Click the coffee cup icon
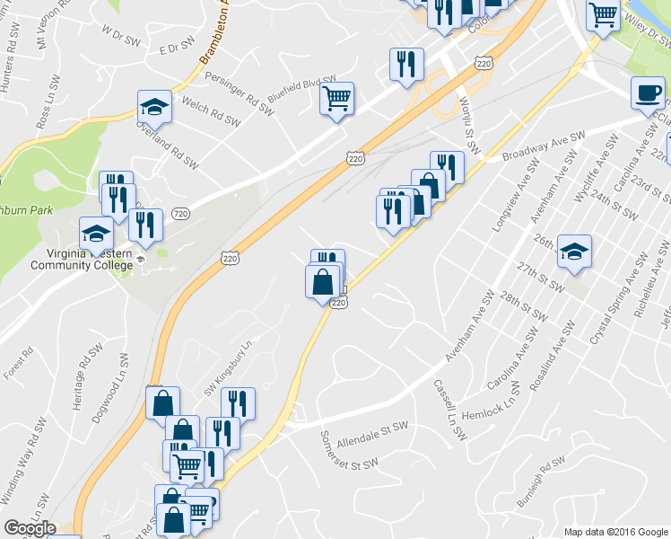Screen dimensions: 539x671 [x=648, y=93]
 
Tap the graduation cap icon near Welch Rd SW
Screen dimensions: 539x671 [x=154, y=107]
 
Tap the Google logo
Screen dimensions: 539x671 [x=30, y=528]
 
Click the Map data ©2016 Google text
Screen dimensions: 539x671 [x=616, y=532]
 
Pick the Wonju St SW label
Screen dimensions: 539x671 [x=466, y=122]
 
